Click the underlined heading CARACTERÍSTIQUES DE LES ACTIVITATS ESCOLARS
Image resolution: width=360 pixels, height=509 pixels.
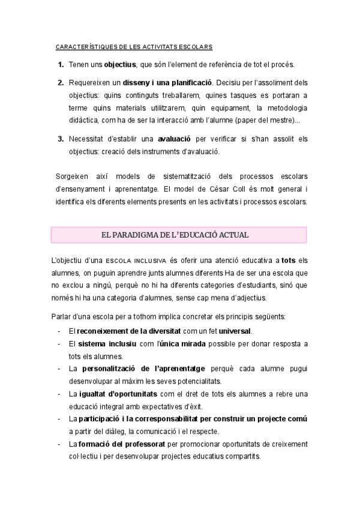(x=133, y=46)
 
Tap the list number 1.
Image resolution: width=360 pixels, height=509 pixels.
(x=61, y=64)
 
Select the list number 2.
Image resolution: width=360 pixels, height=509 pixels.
(x=61, y=83)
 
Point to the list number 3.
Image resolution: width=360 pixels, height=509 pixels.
(x=61, y=139)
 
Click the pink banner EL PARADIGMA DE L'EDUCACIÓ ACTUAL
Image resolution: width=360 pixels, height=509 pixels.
(x=179, y=234)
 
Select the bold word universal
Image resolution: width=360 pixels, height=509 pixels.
(x=235, y=331)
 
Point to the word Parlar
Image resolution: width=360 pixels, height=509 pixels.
(x=63, y=316)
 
